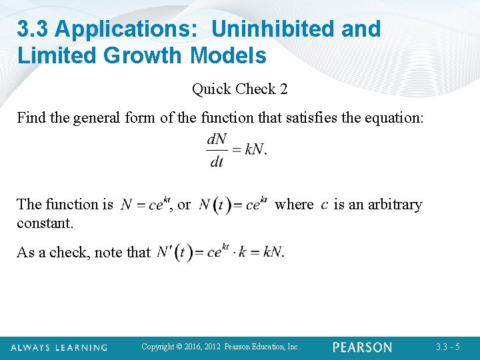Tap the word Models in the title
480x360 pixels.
click(229, 55)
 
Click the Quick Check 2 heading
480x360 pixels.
click(239, 89)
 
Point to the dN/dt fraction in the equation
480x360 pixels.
click(217, 151)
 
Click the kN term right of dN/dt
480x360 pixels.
click(255, 149)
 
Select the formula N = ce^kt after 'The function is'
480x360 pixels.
click(142, 204)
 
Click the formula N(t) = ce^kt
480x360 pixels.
click(233, 204)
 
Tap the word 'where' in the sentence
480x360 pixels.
click(294, 204)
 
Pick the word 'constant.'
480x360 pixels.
click(45, 223)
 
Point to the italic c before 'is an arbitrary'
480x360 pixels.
click(324, 204)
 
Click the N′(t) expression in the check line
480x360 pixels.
click(175, 253)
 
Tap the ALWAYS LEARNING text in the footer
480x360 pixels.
click(59, 347)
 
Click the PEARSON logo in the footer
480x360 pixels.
click(362, 347)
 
